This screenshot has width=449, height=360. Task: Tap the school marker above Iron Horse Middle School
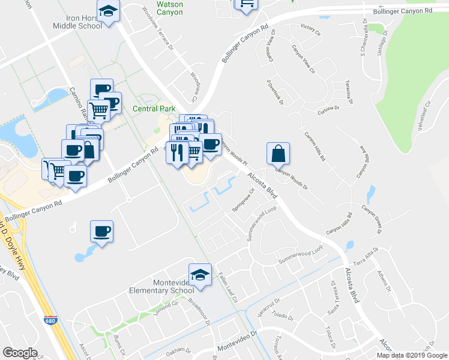click(108, 11)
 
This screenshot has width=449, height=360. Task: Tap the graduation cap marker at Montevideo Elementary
click(200, 275)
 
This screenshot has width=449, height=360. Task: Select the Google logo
click(20, 353)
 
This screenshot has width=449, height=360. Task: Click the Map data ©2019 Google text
click(411, 355)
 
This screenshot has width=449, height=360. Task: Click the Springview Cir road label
click(243, 201)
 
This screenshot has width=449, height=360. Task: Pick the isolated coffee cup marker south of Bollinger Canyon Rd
click(101, 231)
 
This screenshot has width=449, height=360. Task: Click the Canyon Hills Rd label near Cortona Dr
click(315, 147)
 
